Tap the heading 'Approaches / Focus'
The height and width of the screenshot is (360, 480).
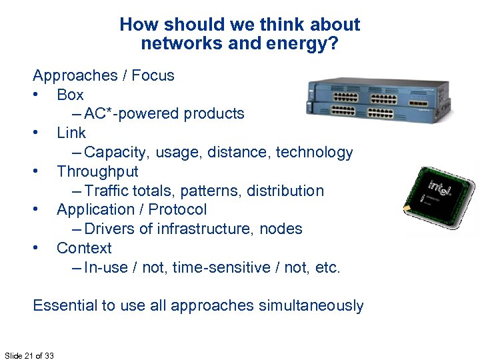point(103,75)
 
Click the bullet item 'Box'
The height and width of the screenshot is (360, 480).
point(70,95)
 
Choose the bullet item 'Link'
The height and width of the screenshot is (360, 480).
point(71,133)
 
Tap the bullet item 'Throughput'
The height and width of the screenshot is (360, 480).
point(97,171)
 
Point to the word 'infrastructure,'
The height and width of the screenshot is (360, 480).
point(217,229)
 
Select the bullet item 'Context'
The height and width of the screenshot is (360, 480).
point(84,248)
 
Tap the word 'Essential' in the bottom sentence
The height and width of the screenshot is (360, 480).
point(65,305)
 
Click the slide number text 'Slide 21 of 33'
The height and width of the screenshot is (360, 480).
point(29,355)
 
